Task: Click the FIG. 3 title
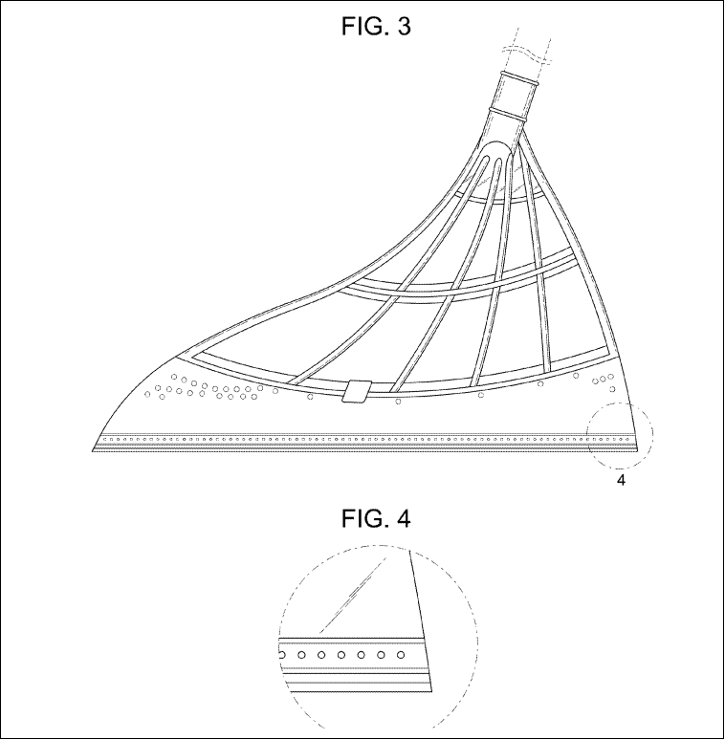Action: (376, 27)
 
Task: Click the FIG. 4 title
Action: (376, 518)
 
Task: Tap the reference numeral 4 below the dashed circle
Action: (621, 481)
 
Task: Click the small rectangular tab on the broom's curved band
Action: (356, 391)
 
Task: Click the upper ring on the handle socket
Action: (519, 78)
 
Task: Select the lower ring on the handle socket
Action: (508, 114)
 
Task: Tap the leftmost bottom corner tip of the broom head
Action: (92, 451)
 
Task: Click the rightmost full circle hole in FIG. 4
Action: (401, 655)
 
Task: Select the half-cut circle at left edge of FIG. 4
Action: (282, 655)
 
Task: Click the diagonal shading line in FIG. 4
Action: (354, 595)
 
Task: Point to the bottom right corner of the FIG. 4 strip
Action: (432, 692)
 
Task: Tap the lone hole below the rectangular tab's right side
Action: (398, 402)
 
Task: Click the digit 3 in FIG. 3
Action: (405, 27)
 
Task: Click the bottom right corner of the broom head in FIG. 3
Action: (637, 451)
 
